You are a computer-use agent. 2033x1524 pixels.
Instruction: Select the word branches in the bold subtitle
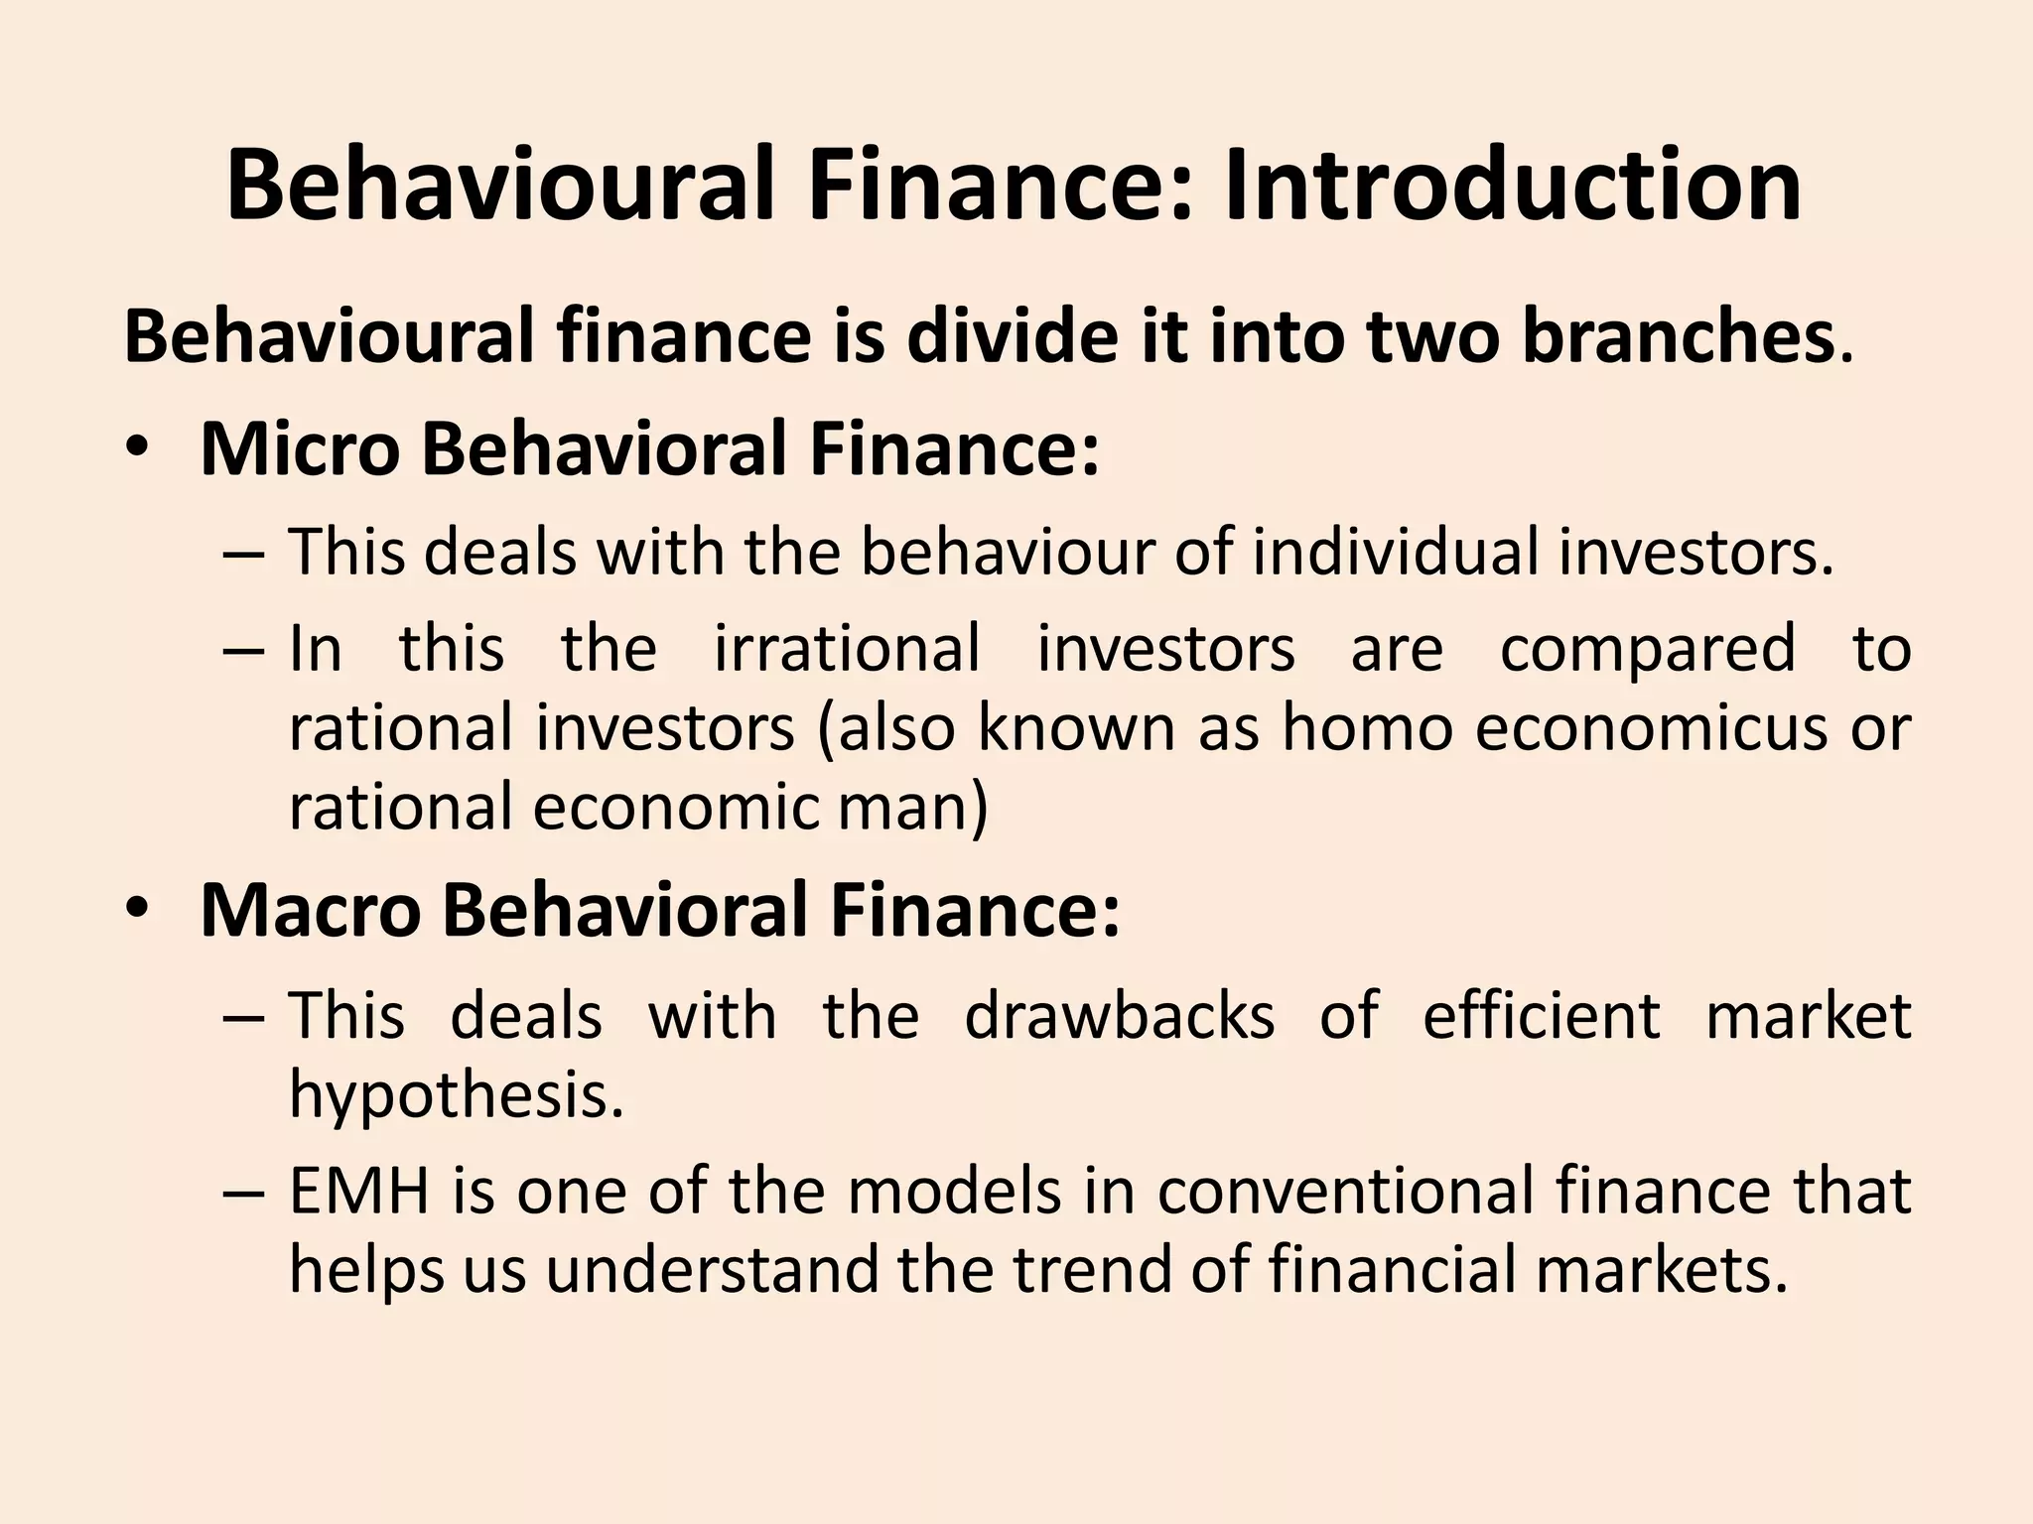coord(1678,337)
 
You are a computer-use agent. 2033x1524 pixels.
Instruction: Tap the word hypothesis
coord(456,1095)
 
